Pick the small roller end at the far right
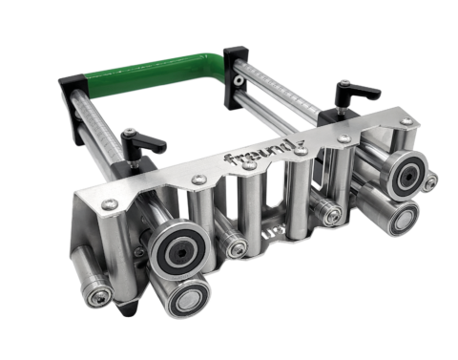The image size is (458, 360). click(x=432, y=180)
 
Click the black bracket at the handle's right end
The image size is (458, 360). click(x=236, y=68)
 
